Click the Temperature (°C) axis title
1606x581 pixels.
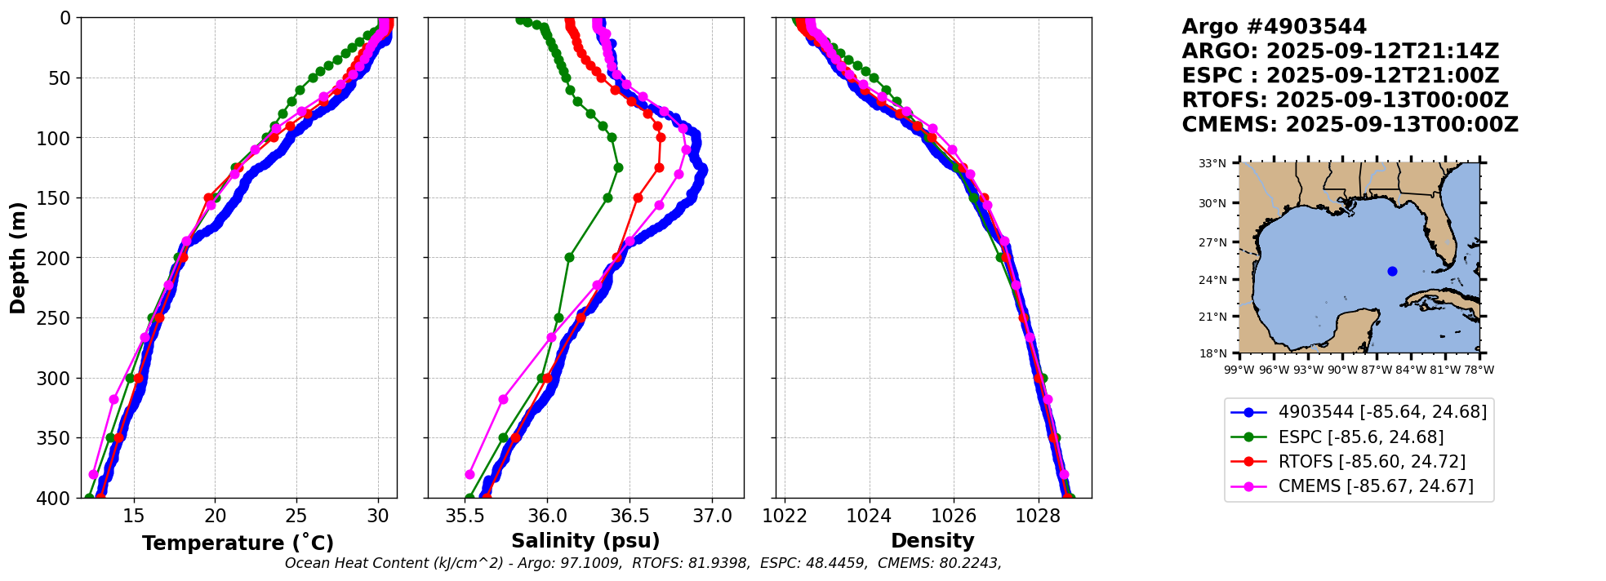point(238,543)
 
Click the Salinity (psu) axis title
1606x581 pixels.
point(585,541)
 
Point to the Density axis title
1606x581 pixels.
point(932,541)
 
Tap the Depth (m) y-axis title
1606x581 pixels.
point(18,258)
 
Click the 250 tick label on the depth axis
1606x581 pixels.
point(59,318)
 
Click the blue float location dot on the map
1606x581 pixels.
point(1392,271)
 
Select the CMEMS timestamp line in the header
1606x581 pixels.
point(1350,125)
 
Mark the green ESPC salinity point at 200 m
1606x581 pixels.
point(569,258)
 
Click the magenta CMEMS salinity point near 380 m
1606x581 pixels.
point(469,474)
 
